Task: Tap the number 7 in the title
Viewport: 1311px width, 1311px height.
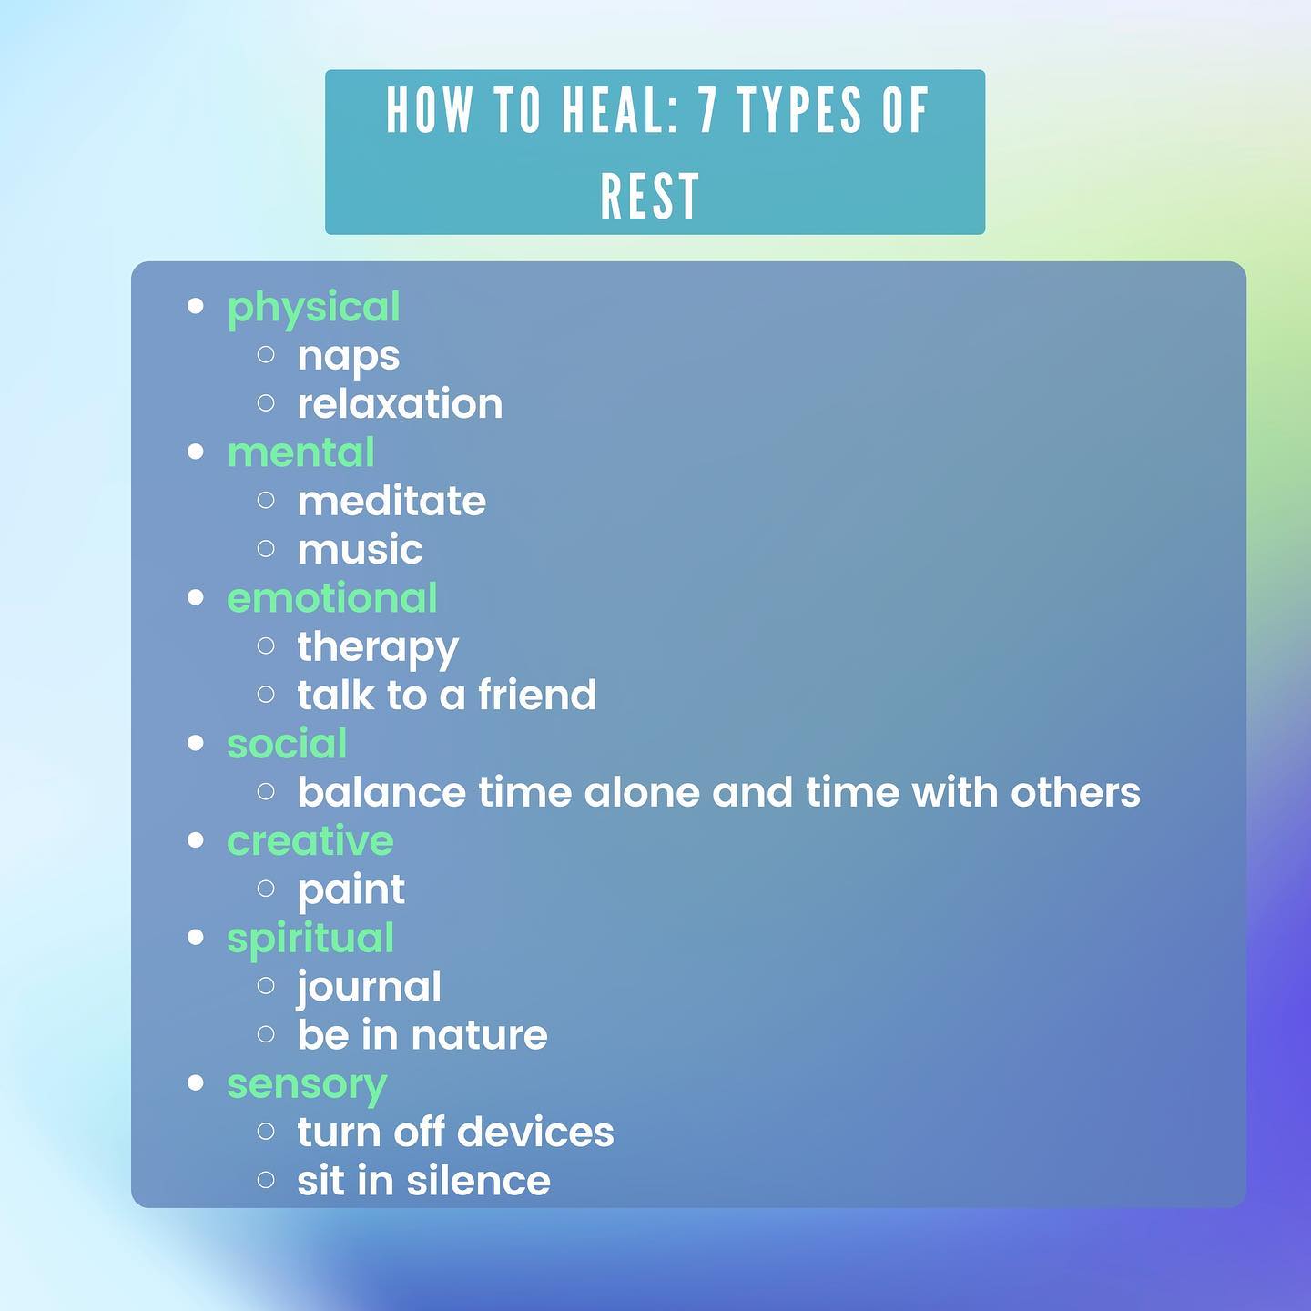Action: pyautogui.click(x=707, y=110)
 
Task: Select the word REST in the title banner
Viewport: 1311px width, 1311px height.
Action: pyautogui.click(x=650, y=196)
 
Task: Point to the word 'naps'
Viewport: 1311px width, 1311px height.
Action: pyautogui.click(x=349, y=358)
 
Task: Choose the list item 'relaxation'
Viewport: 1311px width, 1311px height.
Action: pyautogui.click(x=400, y=404)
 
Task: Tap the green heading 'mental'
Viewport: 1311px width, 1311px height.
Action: pyautogui.click(x=300, y=452)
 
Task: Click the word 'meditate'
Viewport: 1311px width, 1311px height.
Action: pyautogui.click(x=391, y=502)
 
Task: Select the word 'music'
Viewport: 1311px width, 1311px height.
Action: pyautogui.click(x=360, y=550)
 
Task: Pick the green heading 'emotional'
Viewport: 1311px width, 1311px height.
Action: pyautogui.click(x=332, y=598)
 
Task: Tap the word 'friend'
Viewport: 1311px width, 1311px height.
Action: pyautogui.click(x=537, y=695)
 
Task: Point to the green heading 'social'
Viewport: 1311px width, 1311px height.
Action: pyautogui.click(x=287, y=744)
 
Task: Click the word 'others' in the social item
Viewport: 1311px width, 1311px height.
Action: pyautogui.click(x=1075, y=793)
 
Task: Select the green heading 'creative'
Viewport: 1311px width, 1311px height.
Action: pyautogui.click(x=310, y=841)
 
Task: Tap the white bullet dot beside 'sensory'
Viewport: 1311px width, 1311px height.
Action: pyautogui.click(x=196, y=1083)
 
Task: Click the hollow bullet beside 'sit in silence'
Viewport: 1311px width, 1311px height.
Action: pyautogui.click(x=266, y=1180)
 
